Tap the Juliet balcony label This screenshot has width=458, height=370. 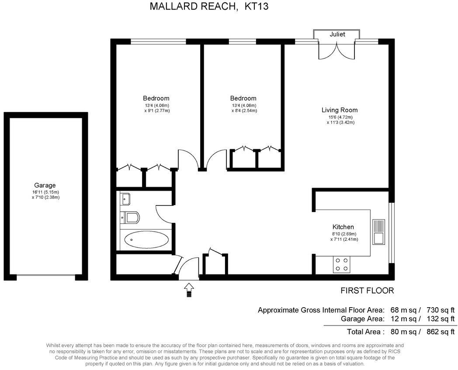click(x=337, y=34)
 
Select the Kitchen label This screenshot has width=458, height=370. click(x=343, y=227)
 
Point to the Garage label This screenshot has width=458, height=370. click(x=45, y=185)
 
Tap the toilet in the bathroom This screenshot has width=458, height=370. click(x=130, y=216)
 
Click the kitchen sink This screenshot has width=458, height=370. click(x=378, y=232)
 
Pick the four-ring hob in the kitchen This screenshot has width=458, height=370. click(x=341, y=264)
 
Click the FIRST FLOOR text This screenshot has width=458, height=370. click(x=367, y=291)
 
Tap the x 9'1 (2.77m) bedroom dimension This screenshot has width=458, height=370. click(x=156, y=111)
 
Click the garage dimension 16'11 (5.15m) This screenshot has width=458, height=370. click(x=45, y=192)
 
